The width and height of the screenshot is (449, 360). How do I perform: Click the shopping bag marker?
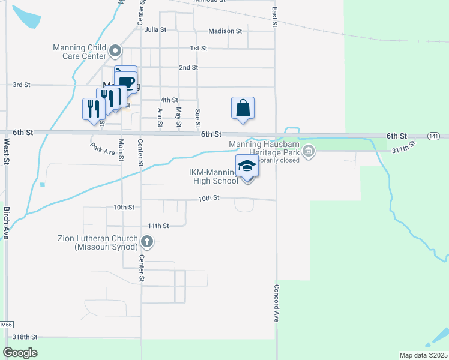tap(243, 109)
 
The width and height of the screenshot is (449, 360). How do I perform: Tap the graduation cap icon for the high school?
tap(247, 166)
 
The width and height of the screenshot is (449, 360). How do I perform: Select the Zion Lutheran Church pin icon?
tap(147, 242)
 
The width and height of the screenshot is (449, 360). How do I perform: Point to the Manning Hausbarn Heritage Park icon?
tap(309, 151)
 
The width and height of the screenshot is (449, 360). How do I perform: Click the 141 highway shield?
tap(433, 137)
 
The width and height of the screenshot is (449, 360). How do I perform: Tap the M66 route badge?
tap(6, 325)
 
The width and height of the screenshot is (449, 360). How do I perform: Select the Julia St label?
tap(155, 29)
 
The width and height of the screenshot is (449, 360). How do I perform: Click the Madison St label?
tap(224, 31)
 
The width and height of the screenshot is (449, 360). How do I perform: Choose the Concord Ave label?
tap(277, 303)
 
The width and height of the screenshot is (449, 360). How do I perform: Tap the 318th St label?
tap(25, 337)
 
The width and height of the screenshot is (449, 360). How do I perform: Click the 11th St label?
tap(159, 226)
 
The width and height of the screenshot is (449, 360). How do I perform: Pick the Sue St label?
tap(197, 119)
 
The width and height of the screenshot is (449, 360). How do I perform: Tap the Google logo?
tap(20, 353)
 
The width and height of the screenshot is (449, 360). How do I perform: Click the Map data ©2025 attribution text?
tap(423, 355)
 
